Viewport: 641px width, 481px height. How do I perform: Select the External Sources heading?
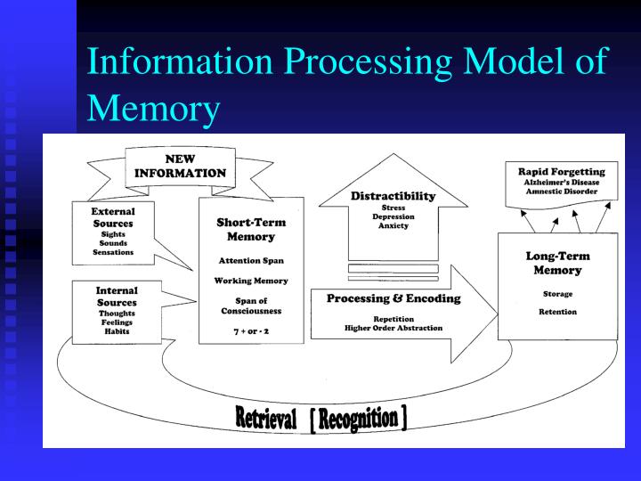click(113, 217)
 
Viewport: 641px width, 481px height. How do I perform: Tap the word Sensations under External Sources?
click(113, 252)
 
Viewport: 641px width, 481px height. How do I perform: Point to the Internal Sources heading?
click(117, 297)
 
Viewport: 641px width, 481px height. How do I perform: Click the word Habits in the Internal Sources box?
click(117, 332)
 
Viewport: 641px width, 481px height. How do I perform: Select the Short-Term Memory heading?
click(251, 230)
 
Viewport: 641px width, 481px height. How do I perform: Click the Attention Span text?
click(251, 260)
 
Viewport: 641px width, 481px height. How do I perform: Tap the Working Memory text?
click(251, 281)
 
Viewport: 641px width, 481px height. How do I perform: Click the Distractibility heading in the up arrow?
click(393, 196)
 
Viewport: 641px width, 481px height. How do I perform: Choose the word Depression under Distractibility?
click(393, 216)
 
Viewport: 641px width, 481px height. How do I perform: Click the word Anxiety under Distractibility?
click(393, 226)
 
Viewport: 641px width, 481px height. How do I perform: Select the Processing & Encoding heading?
click(394, 298)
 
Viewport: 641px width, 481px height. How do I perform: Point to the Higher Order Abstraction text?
click(394, 328)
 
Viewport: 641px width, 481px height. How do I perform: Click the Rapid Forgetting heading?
click(561, 171)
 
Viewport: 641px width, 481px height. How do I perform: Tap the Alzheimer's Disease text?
click(561, 182)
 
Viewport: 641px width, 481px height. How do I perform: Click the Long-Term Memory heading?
click(557, 263)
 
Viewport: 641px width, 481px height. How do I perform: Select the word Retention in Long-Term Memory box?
click(557, 312)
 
